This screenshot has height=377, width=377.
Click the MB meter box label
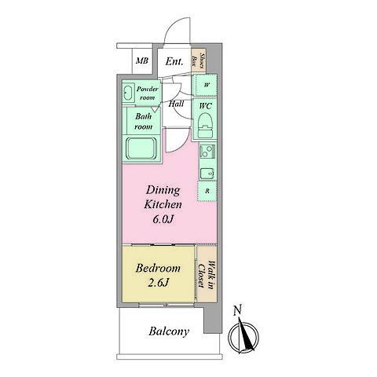pyautogui.click(x=142, y=61)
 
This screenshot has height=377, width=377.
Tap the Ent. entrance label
pyautogui.click(x=174, y=61)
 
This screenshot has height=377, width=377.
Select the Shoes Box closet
pyautogui.click(x=199, y=60)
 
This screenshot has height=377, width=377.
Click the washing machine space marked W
pyautogui.click(x=205, y=85)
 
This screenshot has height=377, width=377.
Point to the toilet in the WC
pyautogui.click(x=205, y=125)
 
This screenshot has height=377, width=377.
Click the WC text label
pyautogui.click(x=206, y=106)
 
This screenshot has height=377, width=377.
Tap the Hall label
pyautogui.click(x=176, y=104)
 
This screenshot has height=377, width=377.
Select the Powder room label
pyautogui.click(x=148, y=93)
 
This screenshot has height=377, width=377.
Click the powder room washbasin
pyautogui.click(x=128, y=93)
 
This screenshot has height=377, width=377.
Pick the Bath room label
pyautogui.click(x=143, y=121)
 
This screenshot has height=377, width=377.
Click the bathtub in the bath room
pyautogui.click(x=141, y=148)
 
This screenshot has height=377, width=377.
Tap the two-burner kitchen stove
pyautogui.click(x=207, y=151)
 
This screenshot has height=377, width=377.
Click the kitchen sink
pyautogui.click(x=207, y=173)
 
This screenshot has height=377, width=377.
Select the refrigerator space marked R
pyautogui.click(x=207, y=191)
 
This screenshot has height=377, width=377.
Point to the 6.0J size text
pyautogui.click(x=163, y=219)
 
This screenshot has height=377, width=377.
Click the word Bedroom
pyautogui.click(x=158, y=269)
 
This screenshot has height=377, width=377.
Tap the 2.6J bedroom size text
pyautogui.click(x=158, y=283)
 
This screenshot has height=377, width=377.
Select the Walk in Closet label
pyautogui.click(x=206, y=275)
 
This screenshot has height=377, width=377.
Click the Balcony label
pyautogui.click(x=169, y=331)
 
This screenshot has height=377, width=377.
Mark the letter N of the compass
pyautogui.click(x=237, y=310)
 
